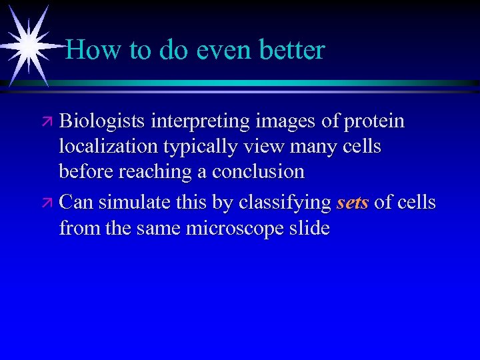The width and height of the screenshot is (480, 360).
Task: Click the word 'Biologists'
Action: (x=103, y=122)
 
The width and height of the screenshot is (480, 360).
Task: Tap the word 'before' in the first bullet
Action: (x=87, y=171)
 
